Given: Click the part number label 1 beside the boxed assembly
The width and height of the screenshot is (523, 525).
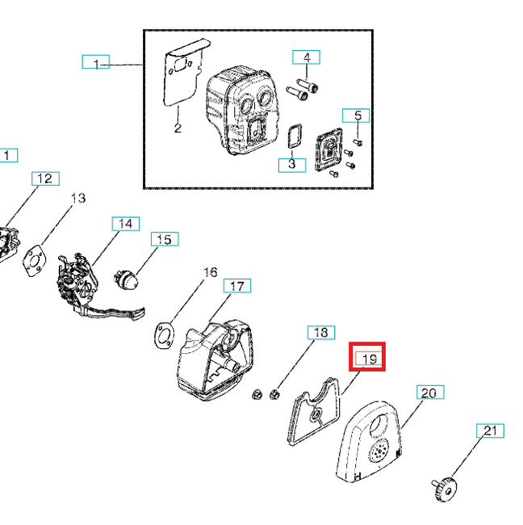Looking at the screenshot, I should [x=96, y=63].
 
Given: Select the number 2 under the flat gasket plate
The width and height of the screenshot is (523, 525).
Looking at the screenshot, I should [x=177, y=128].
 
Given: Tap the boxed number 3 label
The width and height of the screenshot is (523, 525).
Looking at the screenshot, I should [x=291, y=164].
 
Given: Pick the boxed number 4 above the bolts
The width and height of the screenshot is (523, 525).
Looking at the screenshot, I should [x=306, y=57].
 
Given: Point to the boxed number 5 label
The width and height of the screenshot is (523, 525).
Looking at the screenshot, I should [x=356, y=115].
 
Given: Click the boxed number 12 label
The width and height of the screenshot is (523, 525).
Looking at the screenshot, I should [x=45, y=178].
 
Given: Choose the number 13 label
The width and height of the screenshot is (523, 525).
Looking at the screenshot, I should [x=78, y=198].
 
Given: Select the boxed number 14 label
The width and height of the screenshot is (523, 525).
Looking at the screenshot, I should [x=125, y=224].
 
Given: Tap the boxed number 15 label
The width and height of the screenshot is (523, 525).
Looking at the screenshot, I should [x=164, y=239].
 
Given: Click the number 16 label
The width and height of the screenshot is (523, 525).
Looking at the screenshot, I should [x=210, y=272].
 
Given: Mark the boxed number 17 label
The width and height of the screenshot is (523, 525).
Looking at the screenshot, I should [x=236, y=286].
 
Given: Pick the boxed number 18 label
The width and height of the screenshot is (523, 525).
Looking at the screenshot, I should [x=320, y=332].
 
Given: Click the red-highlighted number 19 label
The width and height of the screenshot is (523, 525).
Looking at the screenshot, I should [x=367, y=358].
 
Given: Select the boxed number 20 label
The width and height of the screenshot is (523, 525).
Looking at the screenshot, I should [x=429, y=393].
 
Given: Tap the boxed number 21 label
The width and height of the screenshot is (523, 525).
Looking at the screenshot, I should [x=490, y=431].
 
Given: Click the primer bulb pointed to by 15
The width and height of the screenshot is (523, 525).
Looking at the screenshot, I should [x=126, y=279].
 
